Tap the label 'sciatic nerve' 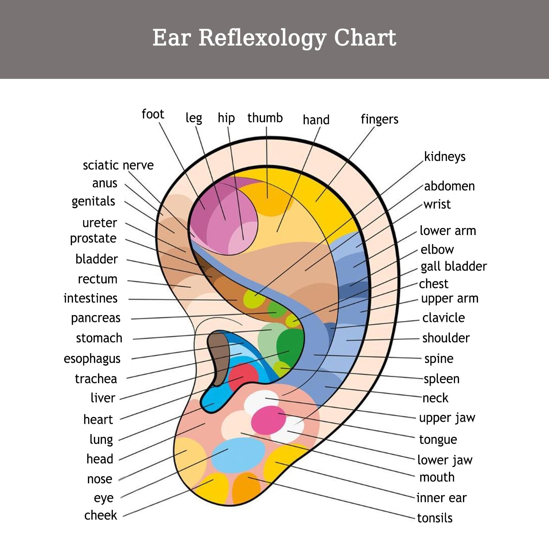tap(118, 165)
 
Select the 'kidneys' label tap(445, 157)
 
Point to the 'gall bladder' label tap(454, 266)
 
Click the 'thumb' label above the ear tap(265, 118)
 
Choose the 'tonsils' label tap(435, 518)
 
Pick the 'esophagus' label tap(92, 359)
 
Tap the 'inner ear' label tap(442, 498)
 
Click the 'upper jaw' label tap(447, 418)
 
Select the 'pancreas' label tap(96, 318)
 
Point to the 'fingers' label tap(380, 119)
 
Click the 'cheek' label tap(101, 515)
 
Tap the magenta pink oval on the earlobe tap(268, 420)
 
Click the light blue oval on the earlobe tap(238, 454)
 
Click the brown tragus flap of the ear tap(219, 358)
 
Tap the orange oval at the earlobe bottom tap(246, 489)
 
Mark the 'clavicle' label tap(443, 318)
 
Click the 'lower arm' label tap(448, 231)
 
